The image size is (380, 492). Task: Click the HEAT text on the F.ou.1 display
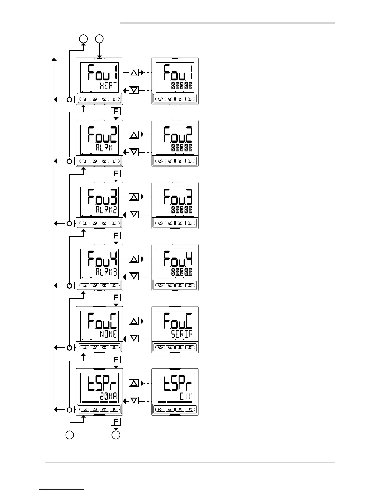tap(108, 85)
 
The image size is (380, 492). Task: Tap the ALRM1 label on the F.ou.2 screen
tap(106, 148)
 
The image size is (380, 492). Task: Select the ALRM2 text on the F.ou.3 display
tap(106, 210)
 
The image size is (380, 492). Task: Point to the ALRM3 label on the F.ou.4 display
tap(106, 272)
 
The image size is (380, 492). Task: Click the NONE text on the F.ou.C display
tap(108, 334)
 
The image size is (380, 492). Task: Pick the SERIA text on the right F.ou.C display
tap(182, 334)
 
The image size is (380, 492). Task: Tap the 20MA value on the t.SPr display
tap(108, 396)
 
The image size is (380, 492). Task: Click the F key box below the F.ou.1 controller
tap(116, 111)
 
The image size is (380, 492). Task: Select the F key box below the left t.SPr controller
tap(116, 421)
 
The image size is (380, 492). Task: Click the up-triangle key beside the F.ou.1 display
tap(134, 73)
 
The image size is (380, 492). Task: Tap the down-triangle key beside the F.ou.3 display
tap(134, 214)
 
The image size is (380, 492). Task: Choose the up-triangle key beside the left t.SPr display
tap(134, 383)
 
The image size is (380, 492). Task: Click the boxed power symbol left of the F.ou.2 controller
tap(70, 161)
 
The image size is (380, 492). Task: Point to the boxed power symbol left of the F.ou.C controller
tap(70, 348)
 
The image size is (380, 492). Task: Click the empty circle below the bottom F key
tap(116, 435)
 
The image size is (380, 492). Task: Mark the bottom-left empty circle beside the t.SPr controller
tap(70, 435)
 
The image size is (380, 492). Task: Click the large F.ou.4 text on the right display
tap(178, 259)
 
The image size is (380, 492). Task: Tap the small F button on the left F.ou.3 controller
tap(114, 223)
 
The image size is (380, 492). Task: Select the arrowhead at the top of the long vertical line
tap(54, 60)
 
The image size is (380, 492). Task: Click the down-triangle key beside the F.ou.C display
tap(134, 339)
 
